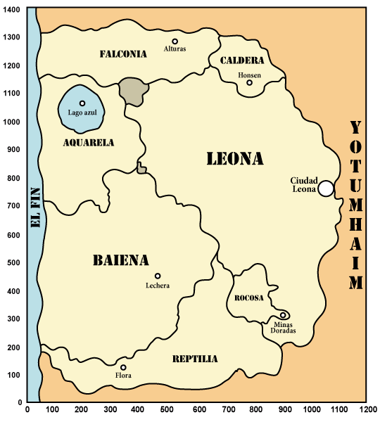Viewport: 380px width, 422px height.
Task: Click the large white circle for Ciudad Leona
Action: tap(325, 188)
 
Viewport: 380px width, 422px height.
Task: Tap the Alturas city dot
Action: tap(175, 41)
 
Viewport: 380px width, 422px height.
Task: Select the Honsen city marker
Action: tap(249, 83)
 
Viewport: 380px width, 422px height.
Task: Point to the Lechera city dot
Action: tap(158, 276)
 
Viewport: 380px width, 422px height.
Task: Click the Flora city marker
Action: tap(123, 367)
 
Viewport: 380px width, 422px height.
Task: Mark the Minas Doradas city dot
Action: tap(283, 315)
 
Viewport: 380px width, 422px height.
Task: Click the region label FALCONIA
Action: tap(123, 53)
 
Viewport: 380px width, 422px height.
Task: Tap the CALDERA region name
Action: tap(242, 60)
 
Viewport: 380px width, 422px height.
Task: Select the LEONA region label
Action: tap(235, 159)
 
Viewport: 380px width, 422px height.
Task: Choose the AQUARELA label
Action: tap(89, 142)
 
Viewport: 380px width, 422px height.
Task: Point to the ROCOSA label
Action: tap(250, 298)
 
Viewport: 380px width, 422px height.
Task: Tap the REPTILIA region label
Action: tap(195, 359)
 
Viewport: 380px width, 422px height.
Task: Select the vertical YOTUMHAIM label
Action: tap(356, 205)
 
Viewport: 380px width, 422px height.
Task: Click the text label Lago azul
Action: tap(82, 112)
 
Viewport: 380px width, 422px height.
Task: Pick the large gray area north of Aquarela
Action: tap(133, 91)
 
